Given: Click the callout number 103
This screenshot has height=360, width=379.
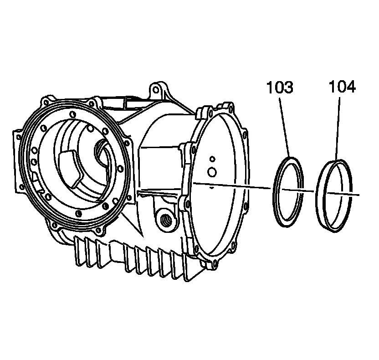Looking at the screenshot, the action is pyautogui.click(x=280, y=87).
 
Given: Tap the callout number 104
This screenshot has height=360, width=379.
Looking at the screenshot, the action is pyautogui.click(x=342, y=87).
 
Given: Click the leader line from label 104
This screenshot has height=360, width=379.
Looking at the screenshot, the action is pyautogui.click(x=338, y=129).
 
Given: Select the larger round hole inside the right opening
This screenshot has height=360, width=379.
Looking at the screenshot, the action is pyautogui.click(x=212, y=172).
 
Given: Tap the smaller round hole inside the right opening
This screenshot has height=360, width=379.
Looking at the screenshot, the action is pyautogui.click(x=212, y=159).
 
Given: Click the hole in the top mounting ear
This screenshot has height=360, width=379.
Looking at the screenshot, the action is pyautogui.click(x=156, y=90).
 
